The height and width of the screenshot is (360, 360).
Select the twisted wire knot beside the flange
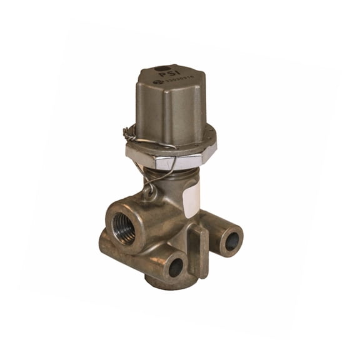[128, 132]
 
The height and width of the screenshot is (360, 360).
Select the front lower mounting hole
[176, 267]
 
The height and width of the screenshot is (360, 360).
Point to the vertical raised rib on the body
[199, 250]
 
